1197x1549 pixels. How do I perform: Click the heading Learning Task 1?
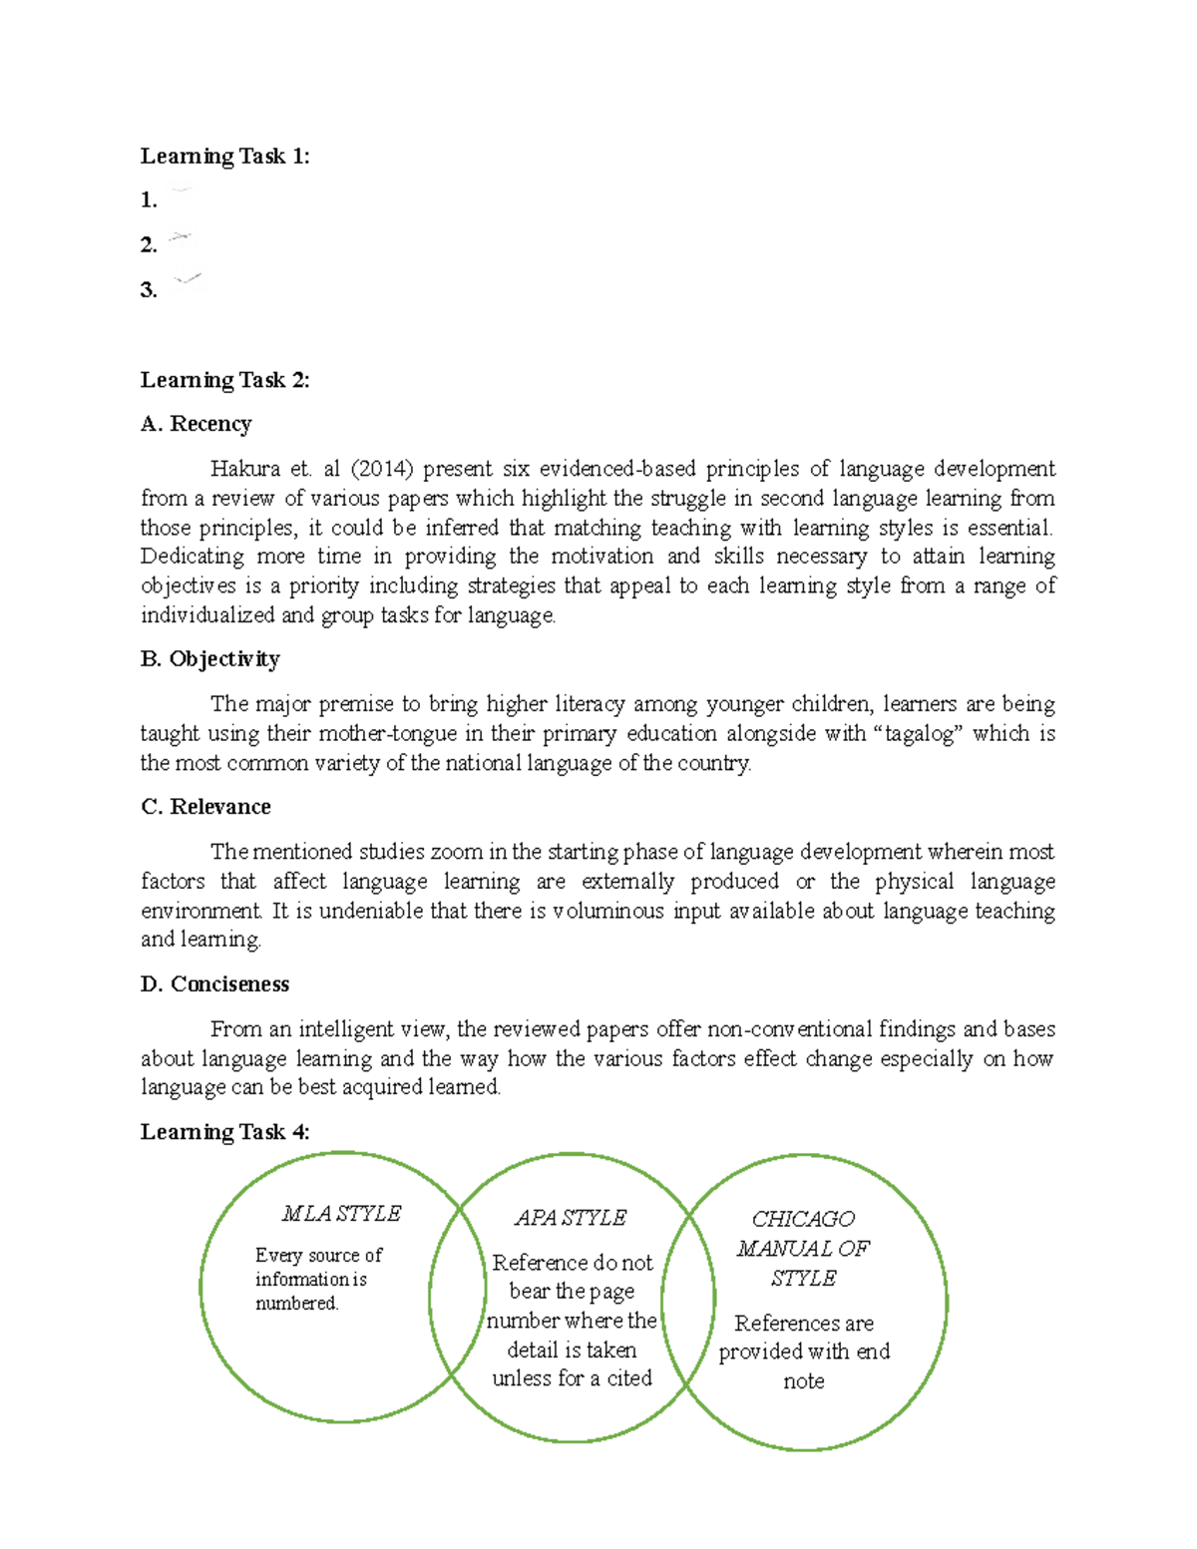(x=224, y=156)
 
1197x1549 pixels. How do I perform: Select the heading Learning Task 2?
(x=224, y=380)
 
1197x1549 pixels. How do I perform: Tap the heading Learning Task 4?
(x=224, y=1132)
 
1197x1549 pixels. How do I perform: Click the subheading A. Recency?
(x=196, y=424)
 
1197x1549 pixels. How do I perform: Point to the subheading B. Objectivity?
(x=209, y=659)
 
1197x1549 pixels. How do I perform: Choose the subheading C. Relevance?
(x=205, y=807)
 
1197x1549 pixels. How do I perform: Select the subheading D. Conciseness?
(x=214, y=984)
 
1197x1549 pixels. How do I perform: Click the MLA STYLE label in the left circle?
(x=341, y=1214)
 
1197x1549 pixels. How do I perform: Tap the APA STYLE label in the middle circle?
(x=571, y=1218)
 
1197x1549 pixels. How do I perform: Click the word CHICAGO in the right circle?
(x=803, y=1219)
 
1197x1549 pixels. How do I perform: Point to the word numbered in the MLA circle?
(x=296, y=1304)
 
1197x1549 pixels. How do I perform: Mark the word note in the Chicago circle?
(x=803, y=1381)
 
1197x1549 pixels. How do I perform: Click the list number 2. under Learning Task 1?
(x=149, y=245)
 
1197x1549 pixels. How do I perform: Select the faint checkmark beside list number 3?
(x=187, y=279)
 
